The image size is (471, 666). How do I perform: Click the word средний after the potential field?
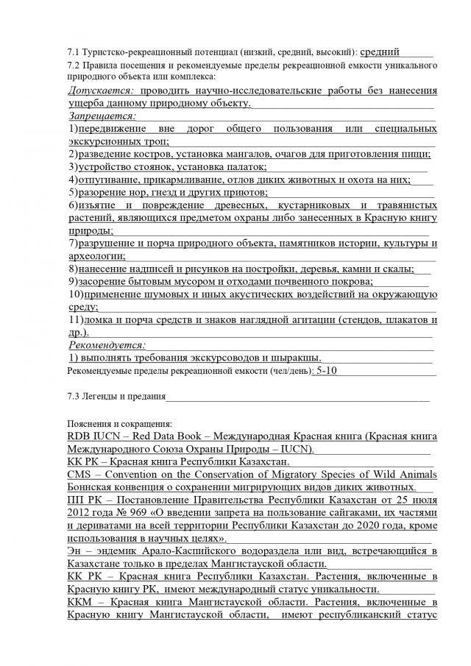point(380,52)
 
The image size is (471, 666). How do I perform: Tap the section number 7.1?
point(73,52)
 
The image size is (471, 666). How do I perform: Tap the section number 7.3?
point(73,397)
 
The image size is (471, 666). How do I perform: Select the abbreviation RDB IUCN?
point(92,436)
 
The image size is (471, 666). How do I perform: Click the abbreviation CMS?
point(79,475)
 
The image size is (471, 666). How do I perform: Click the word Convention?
point(132,475)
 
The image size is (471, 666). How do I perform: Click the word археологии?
point(96,256)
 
